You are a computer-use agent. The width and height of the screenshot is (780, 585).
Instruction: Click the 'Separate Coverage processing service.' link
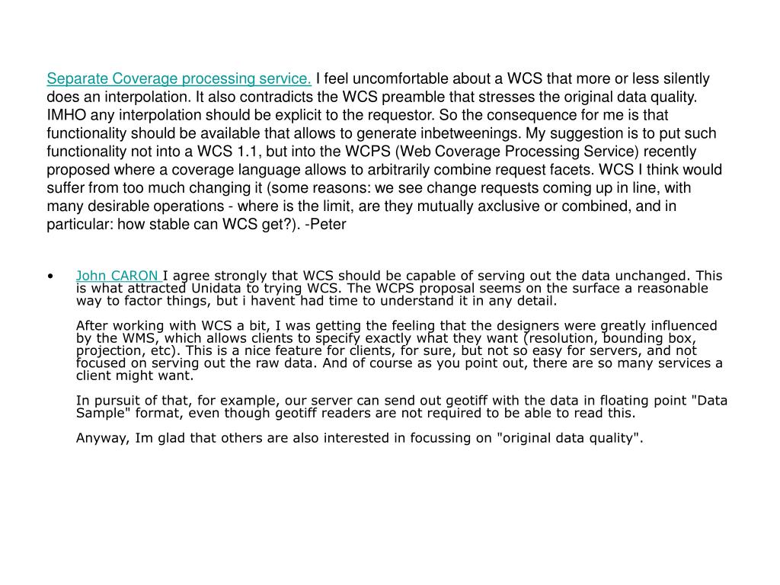(x=179, y=78)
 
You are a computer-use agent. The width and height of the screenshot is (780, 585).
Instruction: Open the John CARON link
(x=117, y=275)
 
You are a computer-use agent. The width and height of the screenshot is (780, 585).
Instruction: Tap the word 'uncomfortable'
(x=392, y=78)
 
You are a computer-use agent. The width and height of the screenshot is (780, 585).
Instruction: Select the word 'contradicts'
(x=270, y=97)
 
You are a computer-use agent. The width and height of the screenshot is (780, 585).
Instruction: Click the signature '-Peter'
(x=328, y=225)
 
